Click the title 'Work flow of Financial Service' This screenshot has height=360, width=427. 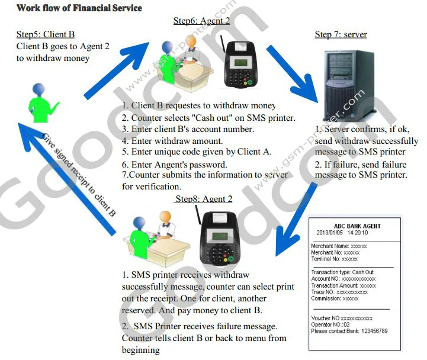(79, 8)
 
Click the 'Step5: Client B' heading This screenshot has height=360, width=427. (45, 34)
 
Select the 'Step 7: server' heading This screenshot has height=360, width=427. (341, 34)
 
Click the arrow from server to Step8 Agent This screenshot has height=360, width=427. (297, 226)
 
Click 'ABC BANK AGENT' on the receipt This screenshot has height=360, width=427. (357, 226)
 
